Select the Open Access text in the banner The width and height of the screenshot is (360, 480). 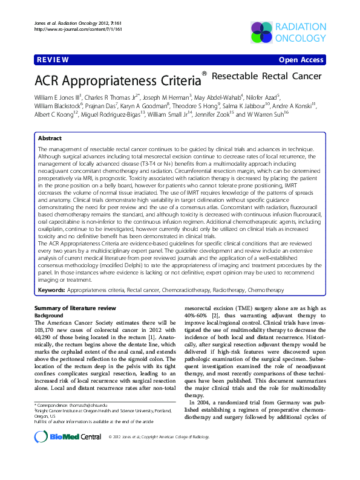click(301, 60)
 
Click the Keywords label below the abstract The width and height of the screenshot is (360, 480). click(51, 291)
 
